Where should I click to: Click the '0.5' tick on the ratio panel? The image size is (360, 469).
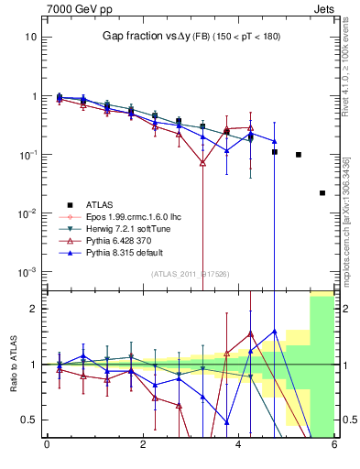27,420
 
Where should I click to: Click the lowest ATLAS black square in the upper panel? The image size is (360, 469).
322,193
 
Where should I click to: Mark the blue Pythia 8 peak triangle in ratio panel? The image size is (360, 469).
275,332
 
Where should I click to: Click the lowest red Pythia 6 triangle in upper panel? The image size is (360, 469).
202,163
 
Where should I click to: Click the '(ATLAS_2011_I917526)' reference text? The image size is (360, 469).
191,274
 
